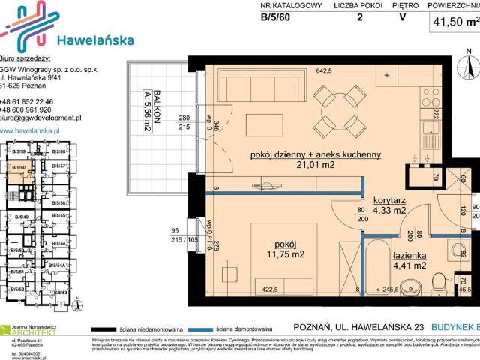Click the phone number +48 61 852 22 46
37,100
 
